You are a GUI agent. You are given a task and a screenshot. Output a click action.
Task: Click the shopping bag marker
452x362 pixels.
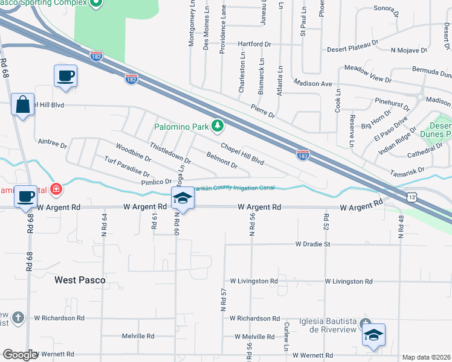(23, 104)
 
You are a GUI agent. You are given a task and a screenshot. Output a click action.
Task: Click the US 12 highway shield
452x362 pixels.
(412, 197)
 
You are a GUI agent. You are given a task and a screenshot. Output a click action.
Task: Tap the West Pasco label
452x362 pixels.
(80, 280)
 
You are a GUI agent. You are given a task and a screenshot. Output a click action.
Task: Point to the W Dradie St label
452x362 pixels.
(313, 244)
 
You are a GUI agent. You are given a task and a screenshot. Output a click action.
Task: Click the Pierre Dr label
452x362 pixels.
(263, 110)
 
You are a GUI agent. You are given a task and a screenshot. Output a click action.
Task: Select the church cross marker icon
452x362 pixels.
(18, 317)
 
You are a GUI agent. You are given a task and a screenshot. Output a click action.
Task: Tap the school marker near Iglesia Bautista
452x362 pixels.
(373, 335)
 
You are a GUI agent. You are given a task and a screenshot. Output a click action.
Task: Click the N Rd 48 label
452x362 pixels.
(401, 224)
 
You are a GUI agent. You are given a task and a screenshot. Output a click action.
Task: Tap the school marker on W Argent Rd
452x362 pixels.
(182, 198)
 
